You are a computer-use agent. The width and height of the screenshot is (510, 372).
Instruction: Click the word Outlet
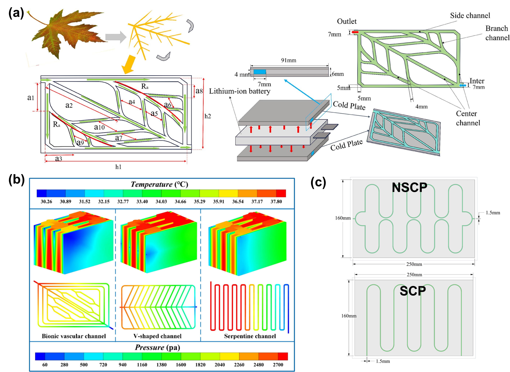click(x=347, y=21)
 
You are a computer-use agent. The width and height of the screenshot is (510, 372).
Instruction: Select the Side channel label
click(x=470, y=16)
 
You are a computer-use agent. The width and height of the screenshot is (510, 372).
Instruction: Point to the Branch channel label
click(x=497, y=33)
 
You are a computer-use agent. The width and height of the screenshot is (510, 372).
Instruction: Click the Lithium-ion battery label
click(x=239, y=91)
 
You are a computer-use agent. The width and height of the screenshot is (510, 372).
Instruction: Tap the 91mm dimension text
click(x=289, y=60)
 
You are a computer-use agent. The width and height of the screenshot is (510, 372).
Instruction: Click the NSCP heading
click(x=409, y=188)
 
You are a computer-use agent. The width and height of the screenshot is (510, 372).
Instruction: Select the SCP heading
click(x=412, y=291)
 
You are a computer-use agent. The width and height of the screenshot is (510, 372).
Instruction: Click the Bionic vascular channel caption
click(x=74, y=336)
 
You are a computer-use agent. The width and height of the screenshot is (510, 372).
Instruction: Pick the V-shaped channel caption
click(x=157, y=336)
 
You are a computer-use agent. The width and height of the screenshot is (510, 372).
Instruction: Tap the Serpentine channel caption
click(x=250, y=336)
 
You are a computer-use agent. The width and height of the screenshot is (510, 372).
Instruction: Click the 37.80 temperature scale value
click(x=276, y=201)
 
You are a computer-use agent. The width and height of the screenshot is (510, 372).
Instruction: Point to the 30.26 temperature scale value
click(x=46, y=201)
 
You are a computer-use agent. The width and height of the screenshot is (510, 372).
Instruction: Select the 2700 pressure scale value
click(x=278, y=365)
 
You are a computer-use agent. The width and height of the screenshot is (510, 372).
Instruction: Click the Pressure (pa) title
click(x=157, y=347)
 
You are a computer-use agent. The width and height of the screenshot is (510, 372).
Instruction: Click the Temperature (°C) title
click(x=160, y=184)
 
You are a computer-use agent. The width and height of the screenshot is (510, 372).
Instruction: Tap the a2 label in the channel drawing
click(x=69, y=105)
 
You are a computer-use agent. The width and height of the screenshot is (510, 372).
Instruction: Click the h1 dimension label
click(x=118, y=167)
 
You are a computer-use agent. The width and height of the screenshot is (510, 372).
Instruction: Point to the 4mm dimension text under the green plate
click(x=421, y=107)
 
